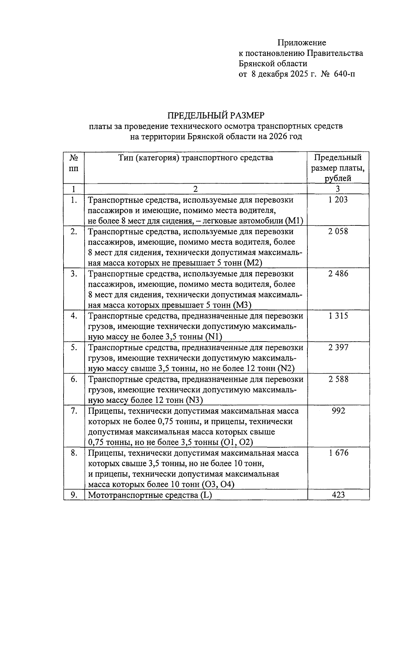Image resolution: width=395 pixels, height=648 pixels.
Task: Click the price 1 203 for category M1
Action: pos(338,200)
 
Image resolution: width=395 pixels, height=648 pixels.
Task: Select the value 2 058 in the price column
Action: pos(338,231)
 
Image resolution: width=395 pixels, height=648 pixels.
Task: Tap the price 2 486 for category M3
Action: pos(338,273)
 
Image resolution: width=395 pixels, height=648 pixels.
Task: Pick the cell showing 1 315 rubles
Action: pos(338,316)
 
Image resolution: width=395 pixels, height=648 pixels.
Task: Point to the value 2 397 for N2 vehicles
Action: pos(338,348)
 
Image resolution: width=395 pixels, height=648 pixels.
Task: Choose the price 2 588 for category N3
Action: pos(338,379)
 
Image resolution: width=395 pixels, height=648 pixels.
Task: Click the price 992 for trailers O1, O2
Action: pos(338,411)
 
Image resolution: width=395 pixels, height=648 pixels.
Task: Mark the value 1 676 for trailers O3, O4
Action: pos(338,453)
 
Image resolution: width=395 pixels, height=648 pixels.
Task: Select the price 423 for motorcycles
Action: pos(338,495)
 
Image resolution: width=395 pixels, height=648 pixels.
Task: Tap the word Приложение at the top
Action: pos(302,42)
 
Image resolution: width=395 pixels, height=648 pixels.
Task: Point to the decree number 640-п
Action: pos(344,74)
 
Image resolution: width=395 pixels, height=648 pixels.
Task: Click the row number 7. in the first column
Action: pos(74,411)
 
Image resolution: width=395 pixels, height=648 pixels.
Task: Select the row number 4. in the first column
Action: pos(74,316)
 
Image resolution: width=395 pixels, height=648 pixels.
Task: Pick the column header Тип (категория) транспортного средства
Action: pos(196,158)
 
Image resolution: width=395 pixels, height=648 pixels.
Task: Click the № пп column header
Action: pos(74,163)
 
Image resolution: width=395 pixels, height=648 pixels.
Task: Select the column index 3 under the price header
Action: pos(338,189)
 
